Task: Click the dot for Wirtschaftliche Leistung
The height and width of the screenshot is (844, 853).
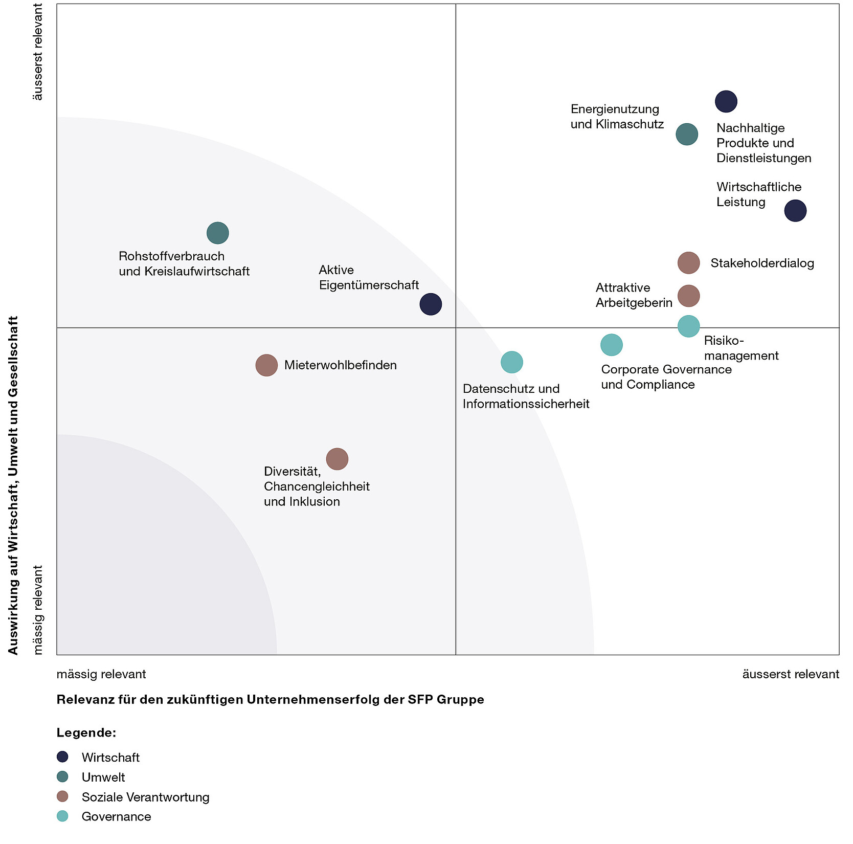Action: pos(795,211)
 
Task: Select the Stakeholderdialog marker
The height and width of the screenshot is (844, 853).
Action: pos(688,263)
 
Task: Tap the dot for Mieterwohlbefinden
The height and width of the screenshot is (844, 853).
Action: pos(266,365)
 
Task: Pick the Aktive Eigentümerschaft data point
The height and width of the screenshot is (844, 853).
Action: pos(431,304)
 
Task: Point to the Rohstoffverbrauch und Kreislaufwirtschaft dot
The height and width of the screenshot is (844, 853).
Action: pos(218,233)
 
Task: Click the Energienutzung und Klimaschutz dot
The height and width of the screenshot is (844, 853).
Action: pos(687,135)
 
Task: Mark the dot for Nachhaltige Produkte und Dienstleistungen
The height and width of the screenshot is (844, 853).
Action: pos(726,101)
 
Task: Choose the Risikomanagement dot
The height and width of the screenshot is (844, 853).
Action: pos(688,326)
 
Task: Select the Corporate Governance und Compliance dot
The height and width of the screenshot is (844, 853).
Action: pos(611,345)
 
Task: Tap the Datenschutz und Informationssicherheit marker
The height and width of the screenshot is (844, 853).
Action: pos(511,362)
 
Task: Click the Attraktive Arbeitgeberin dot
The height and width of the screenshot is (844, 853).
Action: pos(688,296)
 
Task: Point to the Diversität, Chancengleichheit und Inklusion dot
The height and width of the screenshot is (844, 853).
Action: pos(337,459)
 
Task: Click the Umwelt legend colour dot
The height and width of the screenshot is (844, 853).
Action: pos(62,777)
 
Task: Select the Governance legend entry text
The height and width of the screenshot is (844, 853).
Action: pos(116,817)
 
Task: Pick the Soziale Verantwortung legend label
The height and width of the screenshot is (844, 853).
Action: pos(145,797)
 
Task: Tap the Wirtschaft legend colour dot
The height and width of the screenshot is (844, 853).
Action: pos(62,757)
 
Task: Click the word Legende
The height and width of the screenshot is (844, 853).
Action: pos(86,732)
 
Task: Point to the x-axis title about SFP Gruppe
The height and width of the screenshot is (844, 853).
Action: pos(270,699)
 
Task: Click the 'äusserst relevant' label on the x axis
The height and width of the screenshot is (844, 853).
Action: pos(790,674)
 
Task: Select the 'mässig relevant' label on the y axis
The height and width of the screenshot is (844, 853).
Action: pos(38,609)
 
